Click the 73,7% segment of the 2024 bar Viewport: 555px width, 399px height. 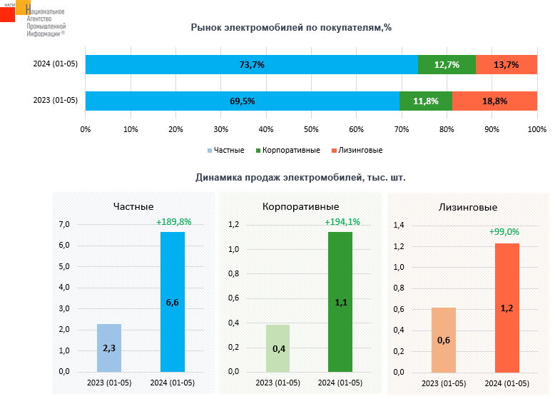tap(251, 64)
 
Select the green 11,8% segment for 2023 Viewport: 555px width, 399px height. tap(425, 101)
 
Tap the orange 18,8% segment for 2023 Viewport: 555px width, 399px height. tap(494, 101)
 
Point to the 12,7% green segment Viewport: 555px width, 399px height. tap(447, 64)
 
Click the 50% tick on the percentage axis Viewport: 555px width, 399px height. tap(311, 129)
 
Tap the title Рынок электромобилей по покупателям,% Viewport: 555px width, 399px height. tap(291, 28)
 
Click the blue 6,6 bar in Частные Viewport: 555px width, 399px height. tap(173, 302)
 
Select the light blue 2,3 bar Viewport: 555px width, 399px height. tap(109, 348)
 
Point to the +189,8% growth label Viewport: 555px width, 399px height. tap(173, 222)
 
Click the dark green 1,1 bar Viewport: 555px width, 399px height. tap(340, 302)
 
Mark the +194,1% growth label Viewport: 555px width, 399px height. tap(342, 222)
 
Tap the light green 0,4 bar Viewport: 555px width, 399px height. tap(277, 348)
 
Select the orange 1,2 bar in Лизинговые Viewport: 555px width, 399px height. tap(506, 308)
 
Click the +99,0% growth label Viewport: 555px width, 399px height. tap(504, 232)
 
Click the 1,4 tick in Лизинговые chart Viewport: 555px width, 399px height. tap(399, 226)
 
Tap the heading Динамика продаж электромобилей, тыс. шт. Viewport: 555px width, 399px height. tap(300, 177)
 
